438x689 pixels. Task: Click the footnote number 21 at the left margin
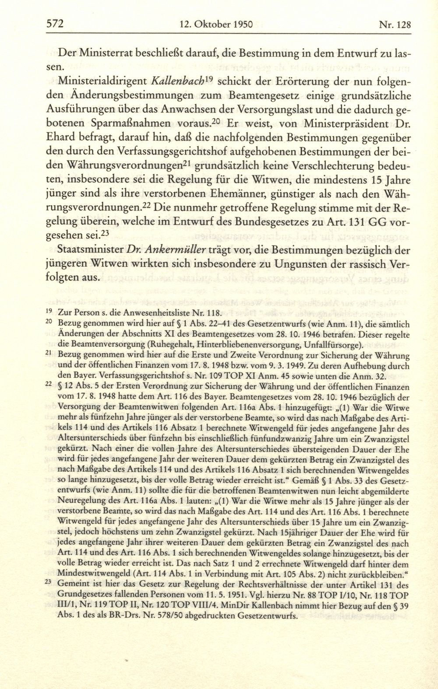pos(48,354)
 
